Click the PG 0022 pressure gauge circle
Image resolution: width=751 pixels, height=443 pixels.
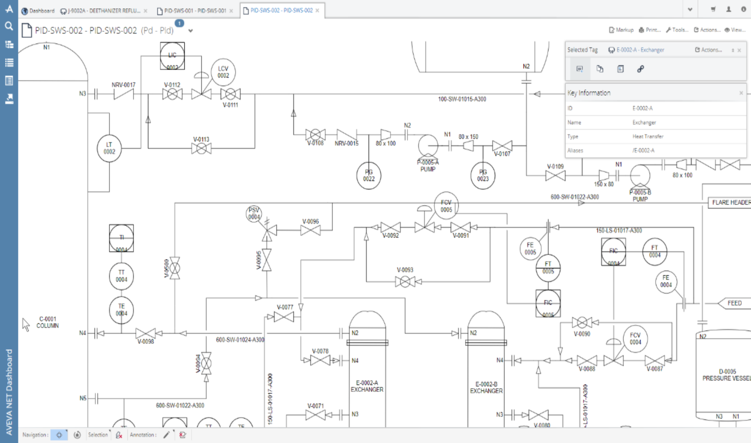(x=368, y=175)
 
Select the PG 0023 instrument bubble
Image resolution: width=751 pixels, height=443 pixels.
(x=482, y=175)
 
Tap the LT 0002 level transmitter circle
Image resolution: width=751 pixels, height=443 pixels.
(x=109, y=147)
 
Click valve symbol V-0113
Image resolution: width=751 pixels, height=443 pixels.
(x=202, y=148)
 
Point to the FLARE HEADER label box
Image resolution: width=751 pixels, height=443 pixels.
(x=729, y=202)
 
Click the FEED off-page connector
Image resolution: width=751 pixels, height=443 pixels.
(x=733, y=303)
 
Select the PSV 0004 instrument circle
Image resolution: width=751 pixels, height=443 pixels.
(x=253, y=214)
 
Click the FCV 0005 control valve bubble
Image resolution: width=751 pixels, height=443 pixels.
(x=446, y=205)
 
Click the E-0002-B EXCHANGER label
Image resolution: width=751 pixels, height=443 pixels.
(x=486, y=387)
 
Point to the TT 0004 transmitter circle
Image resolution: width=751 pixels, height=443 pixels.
(x=121, y=276)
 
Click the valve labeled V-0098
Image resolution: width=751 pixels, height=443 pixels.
(x=146, y=333)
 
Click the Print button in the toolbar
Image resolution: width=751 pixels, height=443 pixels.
(x=649, y=29)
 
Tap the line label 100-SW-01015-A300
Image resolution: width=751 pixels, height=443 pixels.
(x=462, y=99)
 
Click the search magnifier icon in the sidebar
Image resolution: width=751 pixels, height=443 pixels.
(x=9, y=26)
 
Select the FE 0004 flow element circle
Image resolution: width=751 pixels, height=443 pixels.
(x=666, y=281)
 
